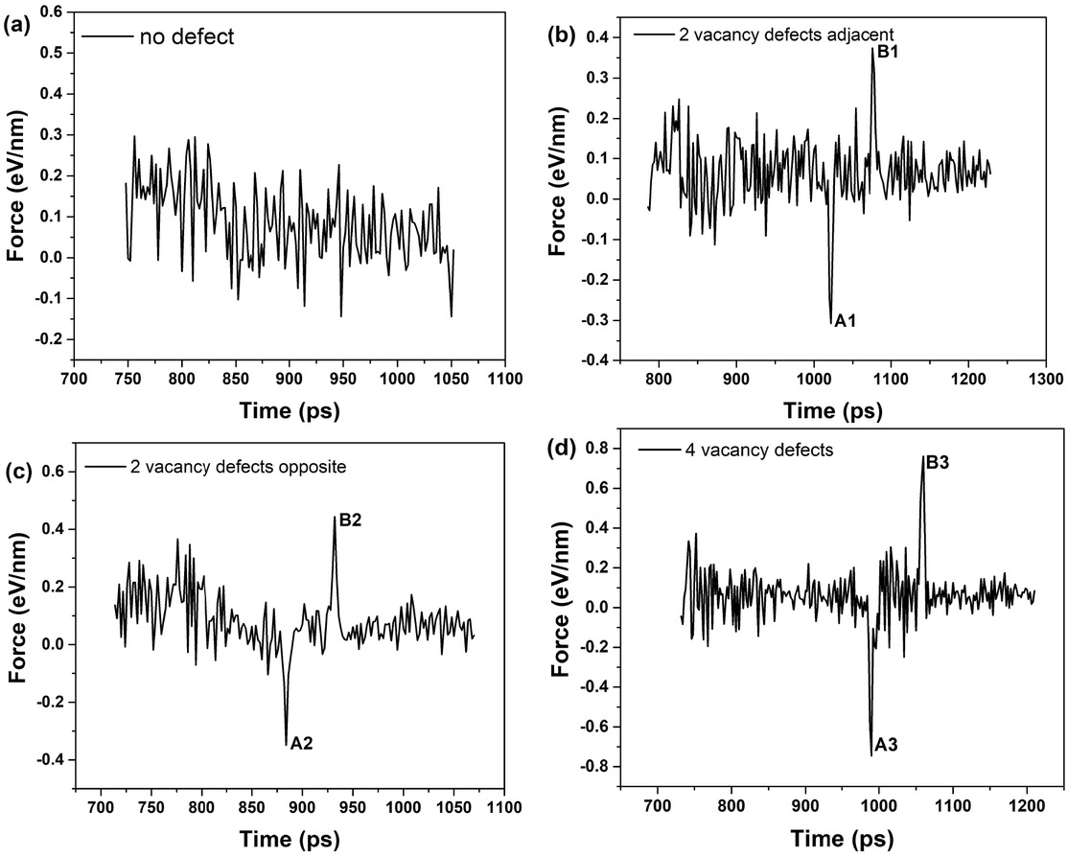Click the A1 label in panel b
click(x=845, y=321)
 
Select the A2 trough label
click(x=302, y=743)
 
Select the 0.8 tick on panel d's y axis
click(x=602, y=447)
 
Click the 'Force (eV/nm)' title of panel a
click(x=17, y=188)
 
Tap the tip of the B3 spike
click(x=923, y=456)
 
